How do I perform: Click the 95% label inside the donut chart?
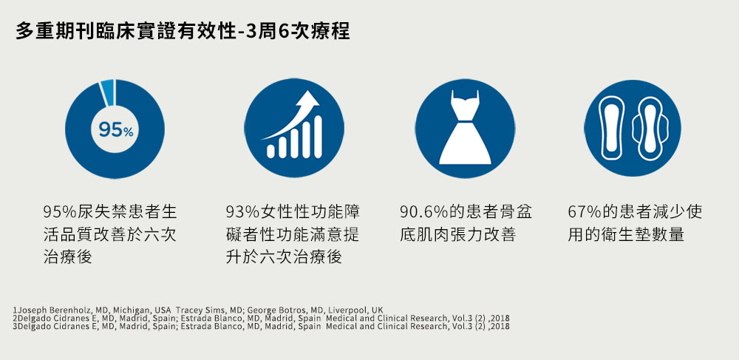[116, 129]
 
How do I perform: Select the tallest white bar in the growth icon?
[318, 137]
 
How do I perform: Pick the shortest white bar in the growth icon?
[270, 151]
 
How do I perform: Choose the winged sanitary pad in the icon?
[650, 129]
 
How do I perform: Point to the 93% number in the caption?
[242, 212]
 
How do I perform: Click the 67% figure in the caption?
[585, 212]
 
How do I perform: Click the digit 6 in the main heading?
[283, 31]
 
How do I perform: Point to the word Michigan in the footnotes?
[133, 310]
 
